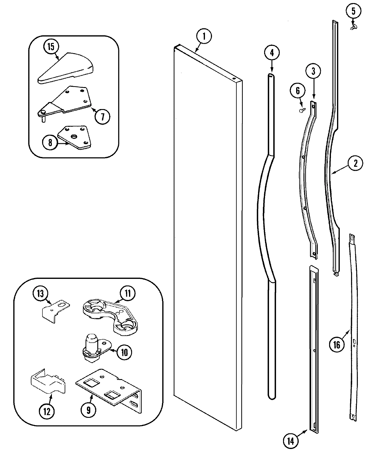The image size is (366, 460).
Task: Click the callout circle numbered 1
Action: tap(204, 37)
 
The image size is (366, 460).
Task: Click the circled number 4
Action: tap(271, 53)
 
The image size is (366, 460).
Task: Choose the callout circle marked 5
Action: tap(353, 12)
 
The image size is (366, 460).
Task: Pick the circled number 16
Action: tap(337, 345)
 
